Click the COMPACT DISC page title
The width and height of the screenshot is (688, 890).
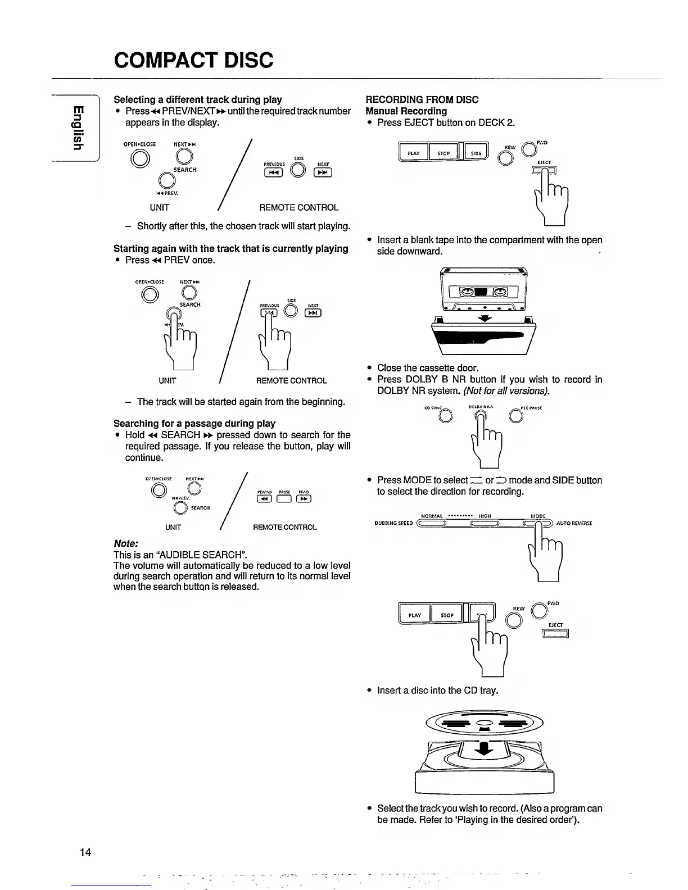193,60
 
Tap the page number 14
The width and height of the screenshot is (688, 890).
85,852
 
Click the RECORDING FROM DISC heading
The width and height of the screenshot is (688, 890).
422,99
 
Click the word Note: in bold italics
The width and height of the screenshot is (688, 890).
126,544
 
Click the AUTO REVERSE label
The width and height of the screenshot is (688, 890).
574,523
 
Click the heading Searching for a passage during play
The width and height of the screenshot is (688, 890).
194,423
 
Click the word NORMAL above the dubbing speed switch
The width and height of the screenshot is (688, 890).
432,516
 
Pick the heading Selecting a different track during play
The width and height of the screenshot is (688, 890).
198,99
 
